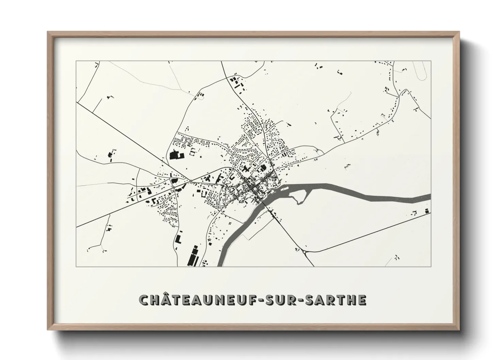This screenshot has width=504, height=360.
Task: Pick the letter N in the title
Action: pos(216,300)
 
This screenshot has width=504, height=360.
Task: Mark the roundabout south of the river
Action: pos(304,252)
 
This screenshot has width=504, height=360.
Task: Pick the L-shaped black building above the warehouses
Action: pos(178,238)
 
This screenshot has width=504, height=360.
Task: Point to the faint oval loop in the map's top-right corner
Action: pos(423,70)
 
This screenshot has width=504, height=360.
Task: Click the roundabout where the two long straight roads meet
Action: pos(191,181)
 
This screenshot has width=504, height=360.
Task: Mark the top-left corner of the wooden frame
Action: pos(48,32)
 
